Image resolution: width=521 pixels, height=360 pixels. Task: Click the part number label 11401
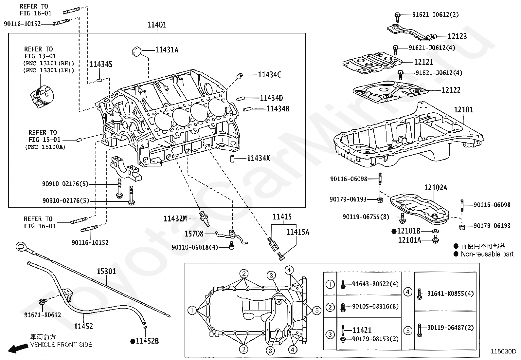tap(157, 25)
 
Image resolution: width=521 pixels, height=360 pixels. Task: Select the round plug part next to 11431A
tap(137, 51)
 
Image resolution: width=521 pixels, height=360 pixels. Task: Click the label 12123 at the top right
tap(457, 36)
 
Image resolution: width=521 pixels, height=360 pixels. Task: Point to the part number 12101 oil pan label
tap(463, 110)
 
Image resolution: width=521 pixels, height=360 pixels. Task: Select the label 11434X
tap(258, 159)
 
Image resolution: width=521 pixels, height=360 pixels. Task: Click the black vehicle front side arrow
tap(18, 348)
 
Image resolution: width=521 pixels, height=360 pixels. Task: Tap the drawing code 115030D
tap(503, 351)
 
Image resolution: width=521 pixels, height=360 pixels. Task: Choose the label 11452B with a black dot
tap(147, 341)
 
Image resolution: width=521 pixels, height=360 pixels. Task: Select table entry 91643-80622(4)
tap(375, 284)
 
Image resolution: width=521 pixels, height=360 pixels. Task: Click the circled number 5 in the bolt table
tap(408, 331)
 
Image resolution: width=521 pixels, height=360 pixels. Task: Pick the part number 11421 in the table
tap(362, 330)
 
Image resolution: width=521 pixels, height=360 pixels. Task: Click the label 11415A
tap(297, 232)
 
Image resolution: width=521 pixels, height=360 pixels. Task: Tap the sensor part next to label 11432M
tap(204, 218)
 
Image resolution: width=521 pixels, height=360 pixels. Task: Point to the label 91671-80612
tap(43, 315)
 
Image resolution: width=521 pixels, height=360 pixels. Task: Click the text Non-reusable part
tap(487, 254)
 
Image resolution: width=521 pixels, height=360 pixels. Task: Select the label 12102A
tap(435, 188)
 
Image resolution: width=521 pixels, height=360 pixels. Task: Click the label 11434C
tap(269, 75)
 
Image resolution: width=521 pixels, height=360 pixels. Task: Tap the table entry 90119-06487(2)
tap(450, 328)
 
